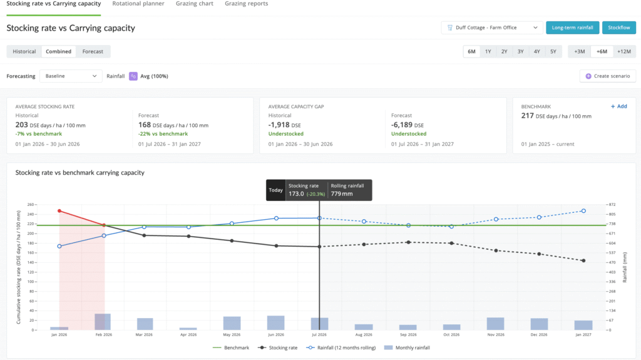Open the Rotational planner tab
tap(138, 4)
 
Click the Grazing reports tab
tap(247, 4)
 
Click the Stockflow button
tap(619, 28)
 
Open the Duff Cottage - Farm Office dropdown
tap(492, 28)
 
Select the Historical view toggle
tap(24, 51)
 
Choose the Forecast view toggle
tap(93, 51)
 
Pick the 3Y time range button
tap(520, 51)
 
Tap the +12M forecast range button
tap(624, 51)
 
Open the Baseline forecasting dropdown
tap(71, 76)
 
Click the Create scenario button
tap(607, 76)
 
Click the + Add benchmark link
tap(619, 106)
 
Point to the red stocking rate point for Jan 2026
tap(59, 211)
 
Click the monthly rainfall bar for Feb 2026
tap(103, 322)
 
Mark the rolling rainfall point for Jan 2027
tap(583, 211)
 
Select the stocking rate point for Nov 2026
tap(496, 250)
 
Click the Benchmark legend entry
tap(231, 347)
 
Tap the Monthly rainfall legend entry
tap(407, 347)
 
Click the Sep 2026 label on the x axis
tap(408, 334)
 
